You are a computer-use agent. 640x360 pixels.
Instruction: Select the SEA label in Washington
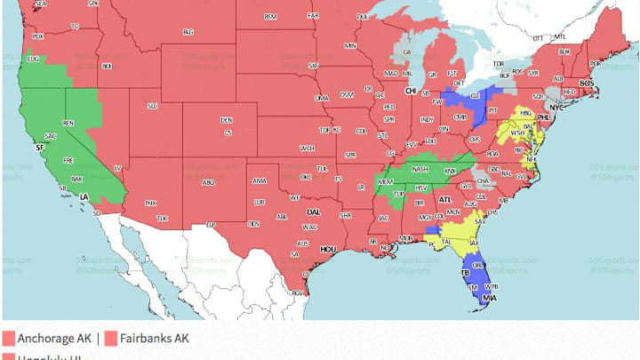click(x=40, y=4)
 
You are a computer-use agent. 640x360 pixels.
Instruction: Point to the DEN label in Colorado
click(x=227, y=120)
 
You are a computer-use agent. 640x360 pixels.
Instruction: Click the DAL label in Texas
click(x=313, y=212)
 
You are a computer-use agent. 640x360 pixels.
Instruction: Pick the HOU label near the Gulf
click(x=330, y=250)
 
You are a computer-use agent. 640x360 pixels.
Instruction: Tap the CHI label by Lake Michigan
click(x=412, y=91)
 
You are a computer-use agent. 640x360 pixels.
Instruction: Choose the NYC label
click(x=557, y=107)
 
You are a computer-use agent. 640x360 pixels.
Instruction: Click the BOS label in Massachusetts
click(x=586, y=83)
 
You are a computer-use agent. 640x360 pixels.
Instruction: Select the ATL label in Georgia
click(x=444, y=200)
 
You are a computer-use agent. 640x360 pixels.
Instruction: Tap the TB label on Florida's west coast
click(x=464, y=272)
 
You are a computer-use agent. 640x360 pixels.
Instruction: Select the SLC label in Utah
click(x=152, y=106)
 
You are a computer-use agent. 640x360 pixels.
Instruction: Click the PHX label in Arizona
click(x=150, y=204)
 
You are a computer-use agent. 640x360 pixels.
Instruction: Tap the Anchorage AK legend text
click(x=55, y=339)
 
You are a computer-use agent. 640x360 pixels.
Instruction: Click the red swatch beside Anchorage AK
click(x=9, y=339)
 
